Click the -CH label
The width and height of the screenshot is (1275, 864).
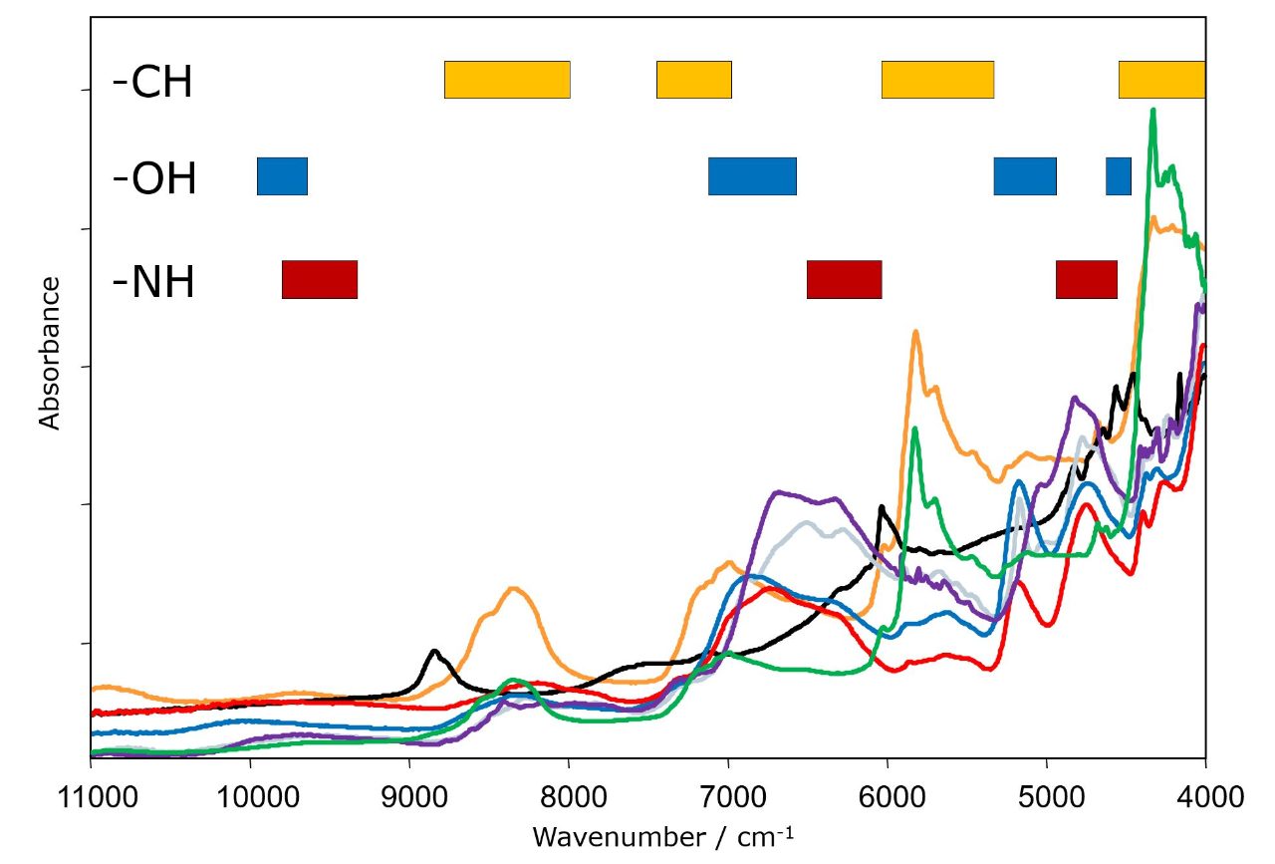pyautogui.click(x=152, y=84)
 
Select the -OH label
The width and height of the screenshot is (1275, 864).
pyautogui.click(x=154, y=180)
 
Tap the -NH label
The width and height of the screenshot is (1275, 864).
pyautogui.click(x=153, y=282)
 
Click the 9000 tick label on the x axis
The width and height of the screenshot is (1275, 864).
pyautogui.click(x=409, y=797)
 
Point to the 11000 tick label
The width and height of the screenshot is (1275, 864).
pyautogui.click(x=91, y=797)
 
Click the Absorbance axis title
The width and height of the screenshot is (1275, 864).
pyautogui.click(x=50, y=354)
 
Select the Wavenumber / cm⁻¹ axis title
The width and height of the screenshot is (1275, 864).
pyautogui.click(x=662, y=835)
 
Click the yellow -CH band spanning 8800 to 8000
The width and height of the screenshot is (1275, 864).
pyautogui.click(x=507, y=80)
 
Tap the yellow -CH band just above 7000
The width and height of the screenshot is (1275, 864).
pyautogui.click(x=694, y=80)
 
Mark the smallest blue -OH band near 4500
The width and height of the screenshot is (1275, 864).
pyautogui.click(x=1119, y=176)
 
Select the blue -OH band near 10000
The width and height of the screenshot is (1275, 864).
pyautogui.click(x=282, y=176)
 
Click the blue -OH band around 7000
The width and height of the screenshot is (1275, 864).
pyautogui.click(x=752, y=176)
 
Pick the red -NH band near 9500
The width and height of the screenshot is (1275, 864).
pyautogui.click(x=320, y=278)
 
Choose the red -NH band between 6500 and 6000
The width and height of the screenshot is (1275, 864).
pyautogui.click(x=844, y=278)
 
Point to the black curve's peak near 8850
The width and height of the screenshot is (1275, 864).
pyautogui.click(x=434, y=651)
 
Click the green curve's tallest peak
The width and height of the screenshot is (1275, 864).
pyautogui.click(x=1152, y=110)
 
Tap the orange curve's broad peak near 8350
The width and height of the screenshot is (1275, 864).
pyautogui.click(x=514, y=588)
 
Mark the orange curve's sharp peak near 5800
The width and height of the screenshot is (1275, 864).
pyautogui.click(x=914, y=331)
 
